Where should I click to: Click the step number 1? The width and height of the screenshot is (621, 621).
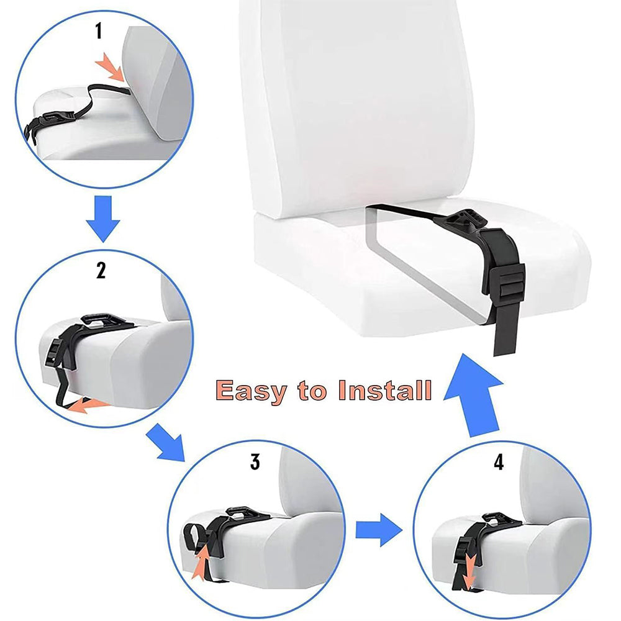click(98, 32)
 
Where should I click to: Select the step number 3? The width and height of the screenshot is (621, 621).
click(255, 462)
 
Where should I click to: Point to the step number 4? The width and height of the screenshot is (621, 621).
click(499, 462)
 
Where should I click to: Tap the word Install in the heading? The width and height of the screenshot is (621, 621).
click(384, 391)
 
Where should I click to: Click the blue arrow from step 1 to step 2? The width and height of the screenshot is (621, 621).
click(102, 219)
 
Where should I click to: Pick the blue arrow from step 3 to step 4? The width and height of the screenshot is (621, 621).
click(379, 528)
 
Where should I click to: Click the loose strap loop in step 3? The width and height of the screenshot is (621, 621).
click(194, 533)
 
